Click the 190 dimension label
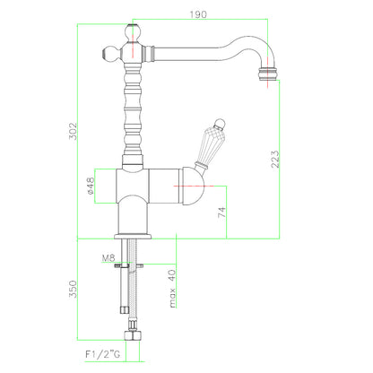(198, 14)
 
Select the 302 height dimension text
(73, 131)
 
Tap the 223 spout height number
(275, 159)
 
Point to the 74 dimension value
(221, 213)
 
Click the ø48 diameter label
(91, 186)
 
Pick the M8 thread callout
(108, 257)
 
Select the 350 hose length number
(73, 289)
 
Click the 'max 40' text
(172, 289)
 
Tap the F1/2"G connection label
(103, 354)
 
